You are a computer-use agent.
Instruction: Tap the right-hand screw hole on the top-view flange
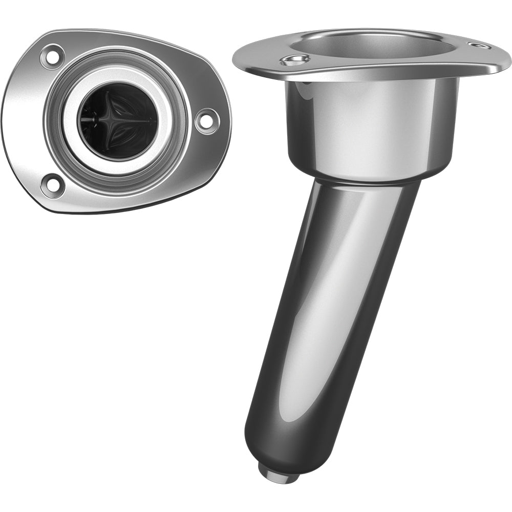207,121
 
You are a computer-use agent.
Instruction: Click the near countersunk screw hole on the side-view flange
294,60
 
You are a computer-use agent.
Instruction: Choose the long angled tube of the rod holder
328,307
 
